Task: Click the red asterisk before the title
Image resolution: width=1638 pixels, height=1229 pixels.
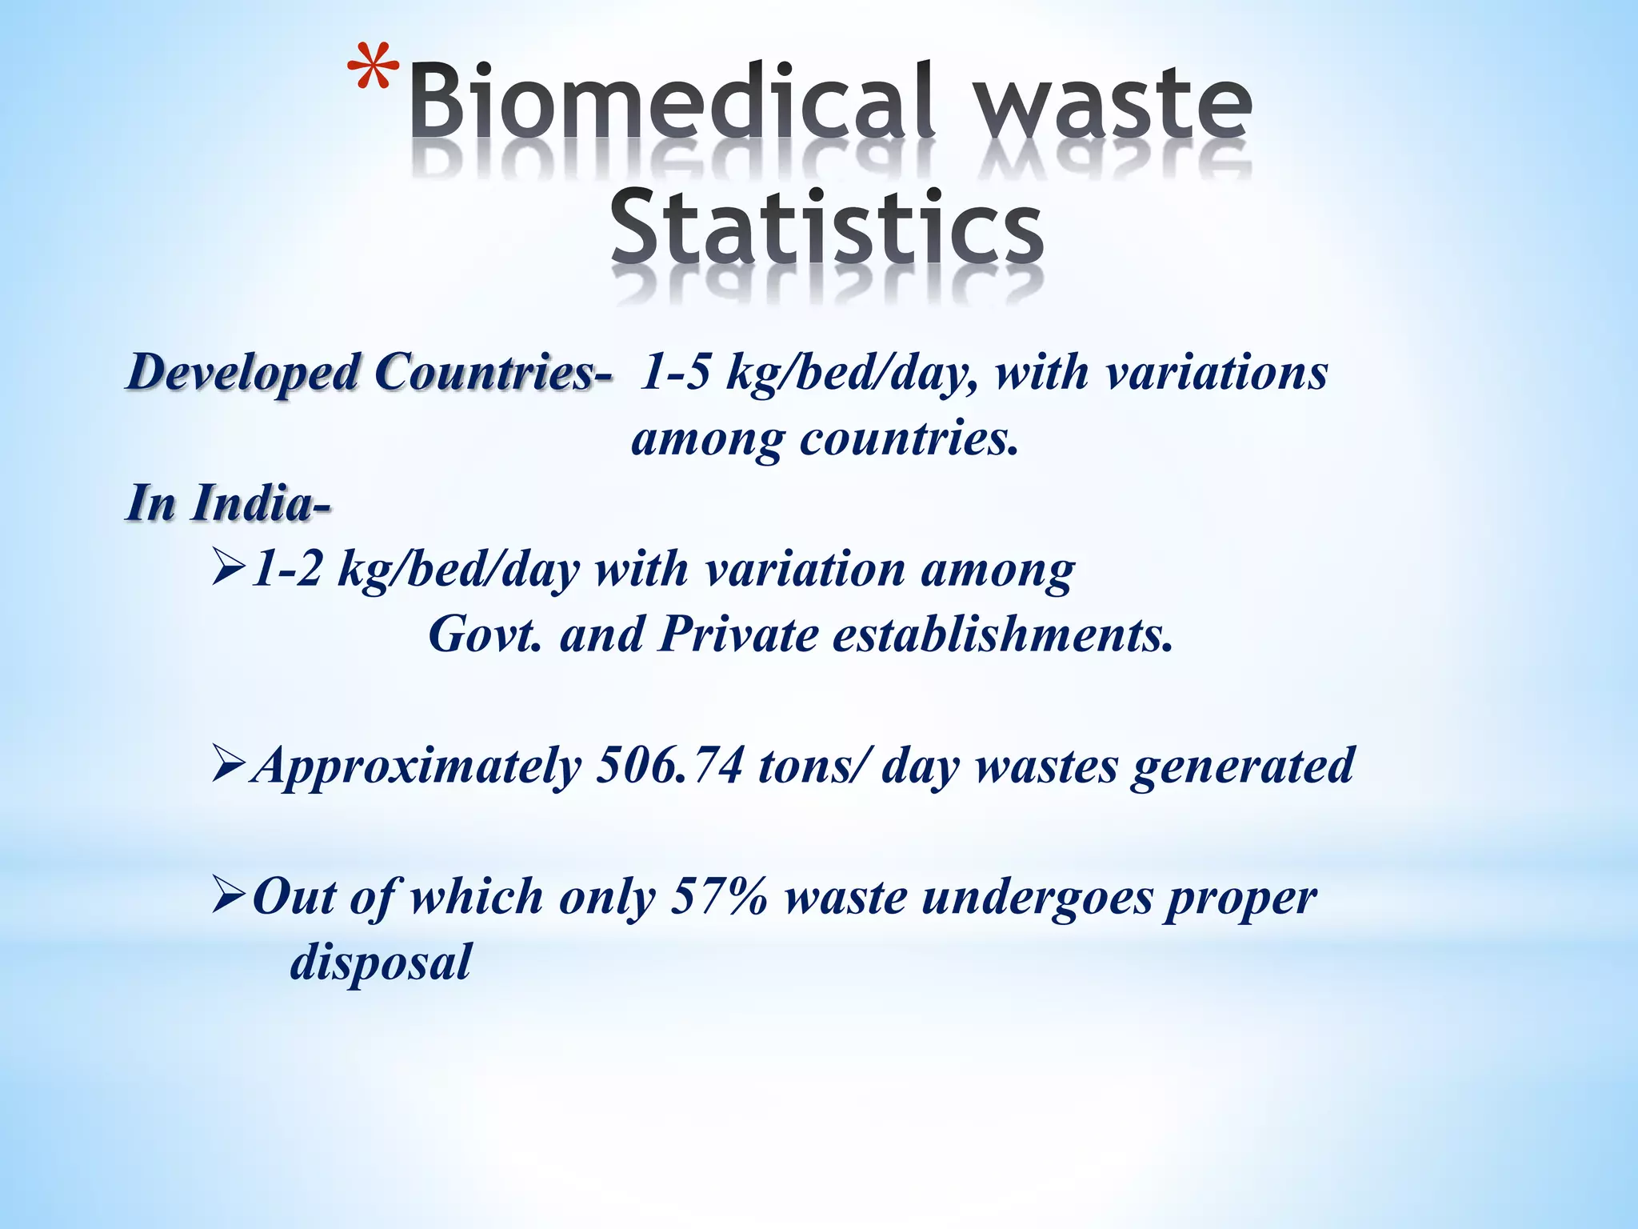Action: (x=374, y=68)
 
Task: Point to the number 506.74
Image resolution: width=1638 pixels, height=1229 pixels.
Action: (x=669, y=766)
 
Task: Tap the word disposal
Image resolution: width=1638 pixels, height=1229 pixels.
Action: (x=381, y=963)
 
